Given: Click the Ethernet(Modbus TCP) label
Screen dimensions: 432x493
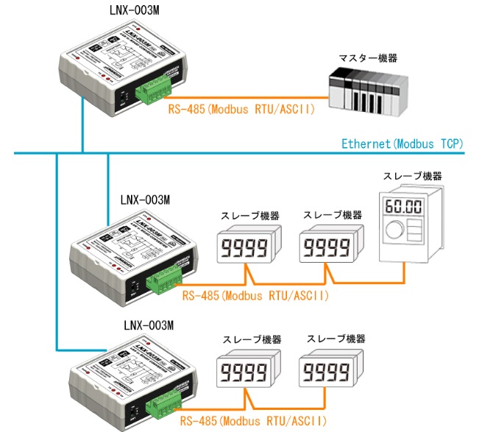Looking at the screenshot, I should (402, 143).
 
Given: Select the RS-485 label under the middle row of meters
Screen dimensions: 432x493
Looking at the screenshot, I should (253, 296).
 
